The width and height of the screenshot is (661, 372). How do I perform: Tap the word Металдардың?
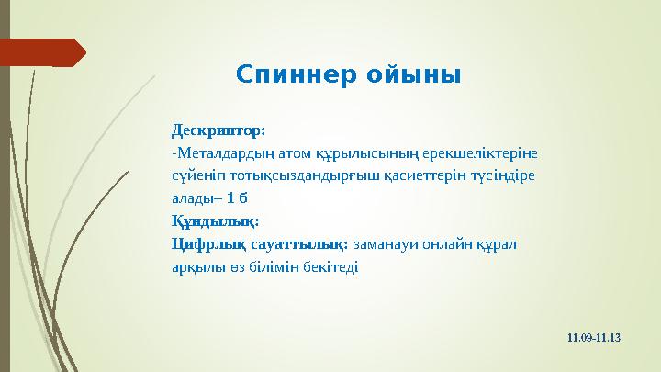coord(220,152)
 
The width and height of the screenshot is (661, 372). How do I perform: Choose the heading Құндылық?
coord(215,220)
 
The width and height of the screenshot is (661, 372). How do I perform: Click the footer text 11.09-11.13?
coord(595,337)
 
